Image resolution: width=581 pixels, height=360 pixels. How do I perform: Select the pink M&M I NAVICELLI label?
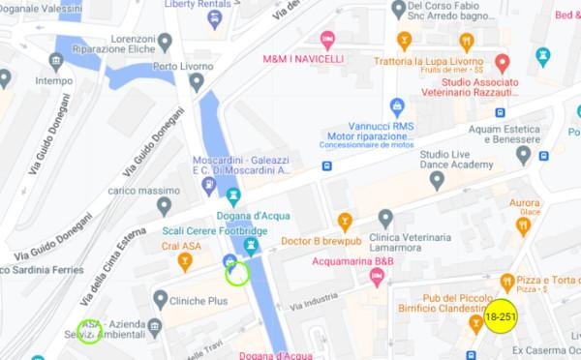click(x=302, y=59)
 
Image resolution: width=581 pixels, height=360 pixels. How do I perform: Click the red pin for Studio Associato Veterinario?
click(x=502, y=64)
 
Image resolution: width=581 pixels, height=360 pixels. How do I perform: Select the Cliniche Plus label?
click(x=198, y=301)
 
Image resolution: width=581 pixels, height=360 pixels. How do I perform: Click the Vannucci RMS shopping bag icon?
click(x=396, y=105)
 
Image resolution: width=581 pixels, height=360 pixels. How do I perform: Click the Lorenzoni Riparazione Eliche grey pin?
click(x=166, y=43)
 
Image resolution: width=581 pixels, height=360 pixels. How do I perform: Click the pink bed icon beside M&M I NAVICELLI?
click(x=327, y=41)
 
